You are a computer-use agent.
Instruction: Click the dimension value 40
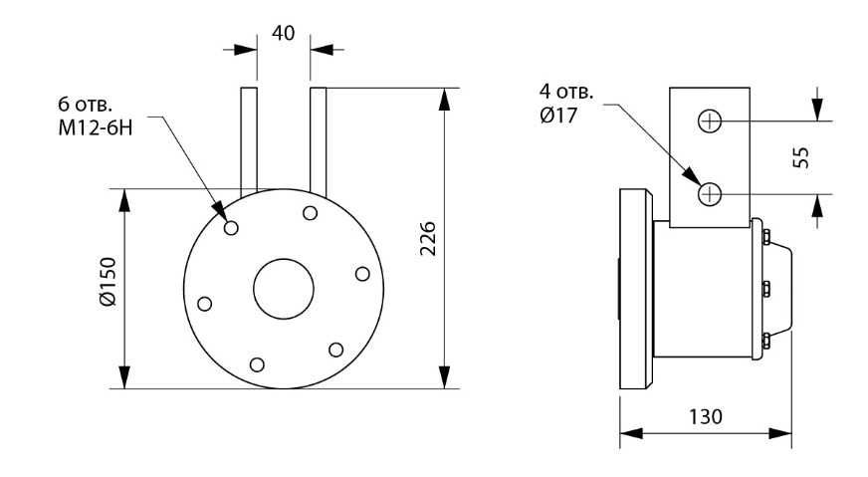(x=283, y=33)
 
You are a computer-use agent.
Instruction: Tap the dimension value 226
(x=427, y=238)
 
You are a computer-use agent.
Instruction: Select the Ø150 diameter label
(x=108, y=282)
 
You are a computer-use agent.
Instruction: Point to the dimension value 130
(x=705, y=416)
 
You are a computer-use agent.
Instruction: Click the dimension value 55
(x=800, y=157)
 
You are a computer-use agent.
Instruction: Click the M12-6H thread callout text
(x=96, y=128)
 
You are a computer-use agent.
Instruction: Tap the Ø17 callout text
(x=558, y=116)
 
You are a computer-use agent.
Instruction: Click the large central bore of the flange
(x=284, y=289)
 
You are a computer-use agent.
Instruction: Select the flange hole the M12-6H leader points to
(x=231, y=228)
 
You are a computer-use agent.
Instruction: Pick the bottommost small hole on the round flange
(x=257, y=364)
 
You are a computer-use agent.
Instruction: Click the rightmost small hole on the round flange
(x=362, y=274)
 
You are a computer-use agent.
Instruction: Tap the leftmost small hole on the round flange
(x=205, y=304)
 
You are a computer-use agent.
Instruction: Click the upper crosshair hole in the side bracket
(x=710, y=120)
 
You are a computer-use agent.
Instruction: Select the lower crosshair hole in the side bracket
(x=710, y=194)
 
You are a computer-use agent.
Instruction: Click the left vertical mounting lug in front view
(x=249, y=140)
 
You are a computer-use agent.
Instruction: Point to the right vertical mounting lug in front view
(x=319, y=141)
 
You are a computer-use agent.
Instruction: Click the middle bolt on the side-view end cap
(x=766, y=289)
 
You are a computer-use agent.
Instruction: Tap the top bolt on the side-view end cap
(x=766, y=237)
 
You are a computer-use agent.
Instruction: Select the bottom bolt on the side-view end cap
(x=766, y=341)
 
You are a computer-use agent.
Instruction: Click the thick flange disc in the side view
(x=636, y=289)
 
